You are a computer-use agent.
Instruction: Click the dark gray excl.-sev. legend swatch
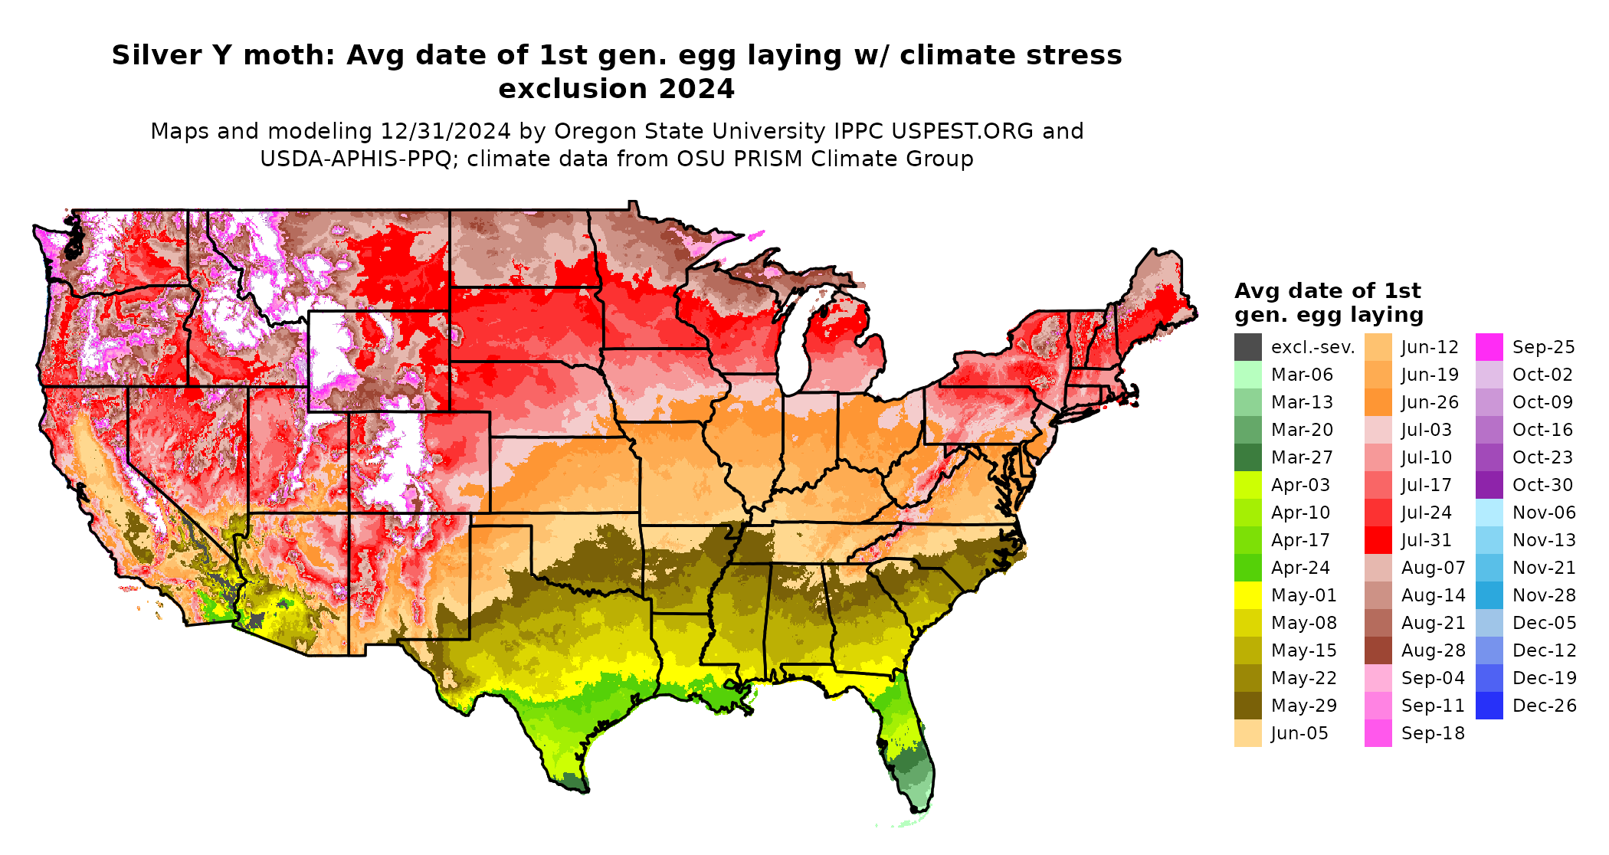(1247, 347)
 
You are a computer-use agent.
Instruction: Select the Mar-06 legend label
(1302, 375)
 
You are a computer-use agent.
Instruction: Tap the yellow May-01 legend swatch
(1247, 595)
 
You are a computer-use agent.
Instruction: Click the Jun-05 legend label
(1299, 733)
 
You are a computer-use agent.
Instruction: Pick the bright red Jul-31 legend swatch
(1378, 540)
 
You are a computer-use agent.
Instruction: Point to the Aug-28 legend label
(1433, 650)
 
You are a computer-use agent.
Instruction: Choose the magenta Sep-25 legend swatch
(1489, 347)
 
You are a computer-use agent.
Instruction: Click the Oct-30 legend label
(1542, 485)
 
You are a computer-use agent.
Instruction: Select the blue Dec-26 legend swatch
(1489, 706)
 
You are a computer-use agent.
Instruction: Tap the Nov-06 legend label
(1544, 513)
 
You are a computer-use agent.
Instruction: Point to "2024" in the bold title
(696, 89)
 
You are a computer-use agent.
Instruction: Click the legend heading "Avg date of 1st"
(1327, 291)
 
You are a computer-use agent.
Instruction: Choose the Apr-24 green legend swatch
(1247, 568)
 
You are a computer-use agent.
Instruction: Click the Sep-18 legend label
(1433, 733)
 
